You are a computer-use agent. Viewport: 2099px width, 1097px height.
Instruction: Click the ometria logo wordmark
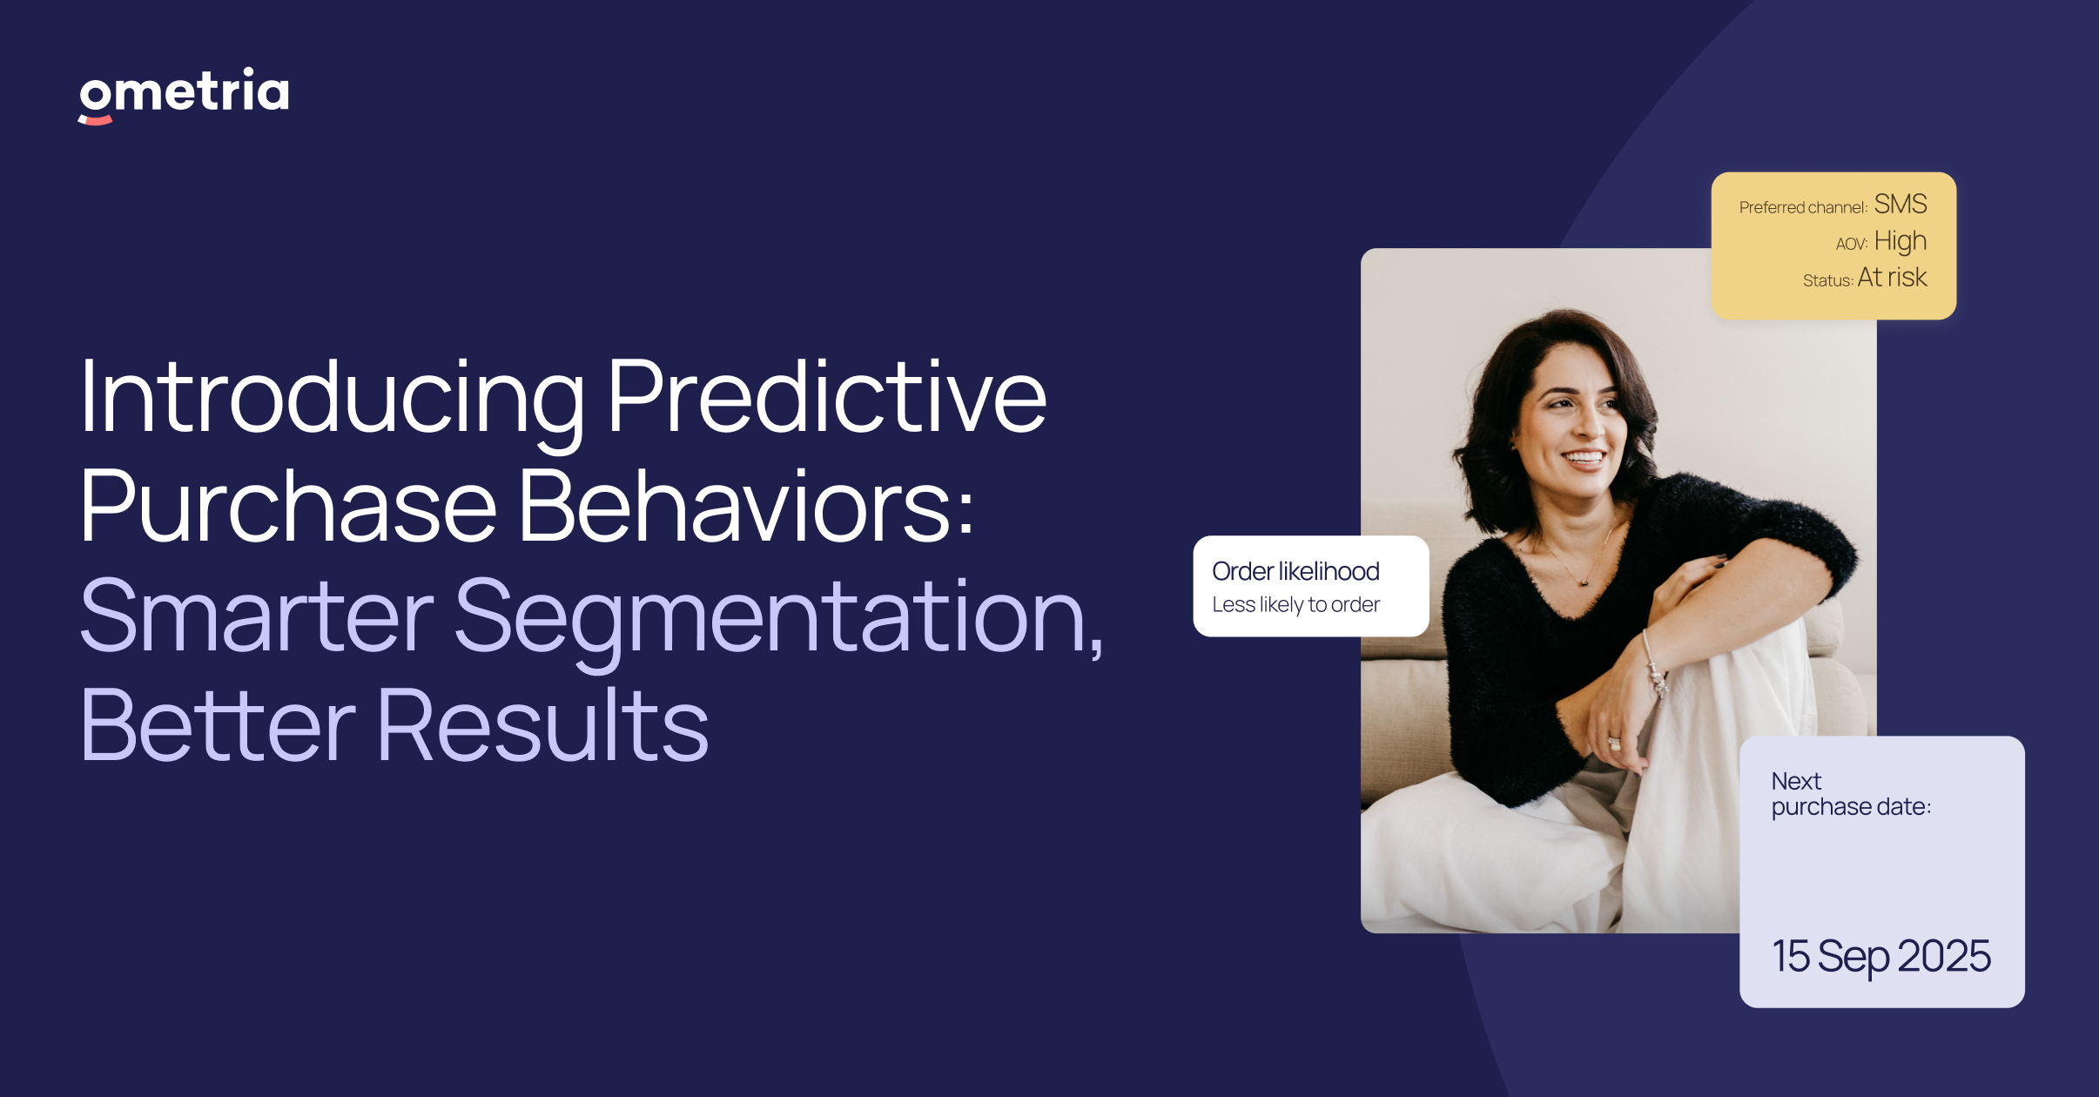[x=184, y=91]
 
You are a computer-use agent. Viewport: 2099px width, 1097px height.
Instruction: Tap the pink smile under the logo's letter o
[x=96, y=120]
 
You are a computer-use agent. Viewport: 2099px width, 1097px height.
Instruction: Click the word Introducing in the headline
[x=331, y=398]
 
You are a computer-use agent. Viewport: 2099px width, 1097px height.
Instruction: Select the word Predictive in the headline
[x=826, y=398]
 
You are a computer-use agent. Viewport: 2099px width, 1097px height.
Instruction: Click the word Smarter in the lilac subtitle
[x=256, y=616]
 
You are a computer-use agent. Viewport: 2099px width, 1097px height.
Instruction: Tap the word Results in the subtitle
[x=543, y=726]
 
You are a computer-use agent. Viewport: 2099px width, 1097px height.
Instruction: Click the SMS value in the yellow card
[x=1900, y=205]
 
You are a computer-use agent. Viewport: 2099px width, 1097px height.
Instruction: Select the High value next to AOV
[x=1900, y=241]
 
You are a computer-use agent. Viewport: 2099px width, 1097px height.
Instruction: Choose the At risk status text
[x=1891, y=278]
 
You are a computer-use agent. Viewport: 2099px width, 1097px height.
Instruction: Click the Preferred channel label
[x=1802, y=208]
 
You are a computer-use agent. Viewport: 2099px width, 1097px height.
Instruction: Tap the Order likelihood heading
[x=1295, y=571]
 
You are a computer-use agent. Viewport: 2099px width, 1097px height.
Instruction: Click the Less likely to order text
[x=1295, y=605]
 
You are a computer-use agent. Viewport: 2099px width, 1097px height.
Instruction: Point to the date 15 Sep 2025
[x=1880, y=957]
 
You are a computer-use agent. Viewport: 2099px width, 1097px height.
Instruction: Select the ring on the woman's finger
[x=1613, y=744]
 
